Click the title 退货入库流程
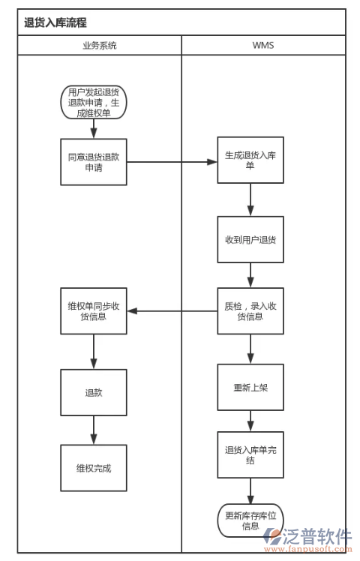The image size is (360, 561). [55, 22]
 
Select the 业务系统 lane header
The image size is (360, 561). [99, 45]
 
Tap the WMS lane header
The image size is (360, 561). [262, 45]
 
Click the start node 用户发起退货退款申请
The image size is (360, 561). [94, 103]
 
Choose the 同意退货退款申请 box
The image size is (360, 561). [94, 162]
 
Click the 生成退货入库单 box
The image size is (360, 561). [250, 160]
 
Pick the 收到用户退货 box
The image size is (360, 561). [250, 240]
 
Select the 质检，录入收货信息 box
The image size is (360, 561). [250, 311]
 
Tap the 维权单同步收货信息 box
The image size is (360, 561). [94, 311]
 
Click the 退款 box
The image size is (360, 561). [94, 392]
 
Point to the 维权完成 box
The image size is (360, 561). [94, 468]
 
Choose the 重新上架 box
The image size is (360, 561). [250, 388]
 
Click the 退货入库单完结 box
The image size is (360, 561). [250, 455]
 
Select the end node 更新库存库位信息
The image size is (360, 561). [250, 520]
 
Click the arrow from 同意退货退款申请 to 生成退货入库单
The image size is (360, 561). [172, 161]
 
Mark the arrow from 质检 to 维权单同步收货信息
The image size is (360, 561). [172, 311]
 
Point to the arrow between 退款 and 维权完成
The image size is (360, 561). [94, 430]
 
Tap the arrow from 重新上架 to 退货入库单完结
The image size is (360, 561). [250, 421]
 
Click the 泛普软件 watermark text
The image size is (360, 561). [316, 536]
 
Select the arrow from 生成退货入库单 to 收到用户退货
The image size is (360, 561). [250, 200]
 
